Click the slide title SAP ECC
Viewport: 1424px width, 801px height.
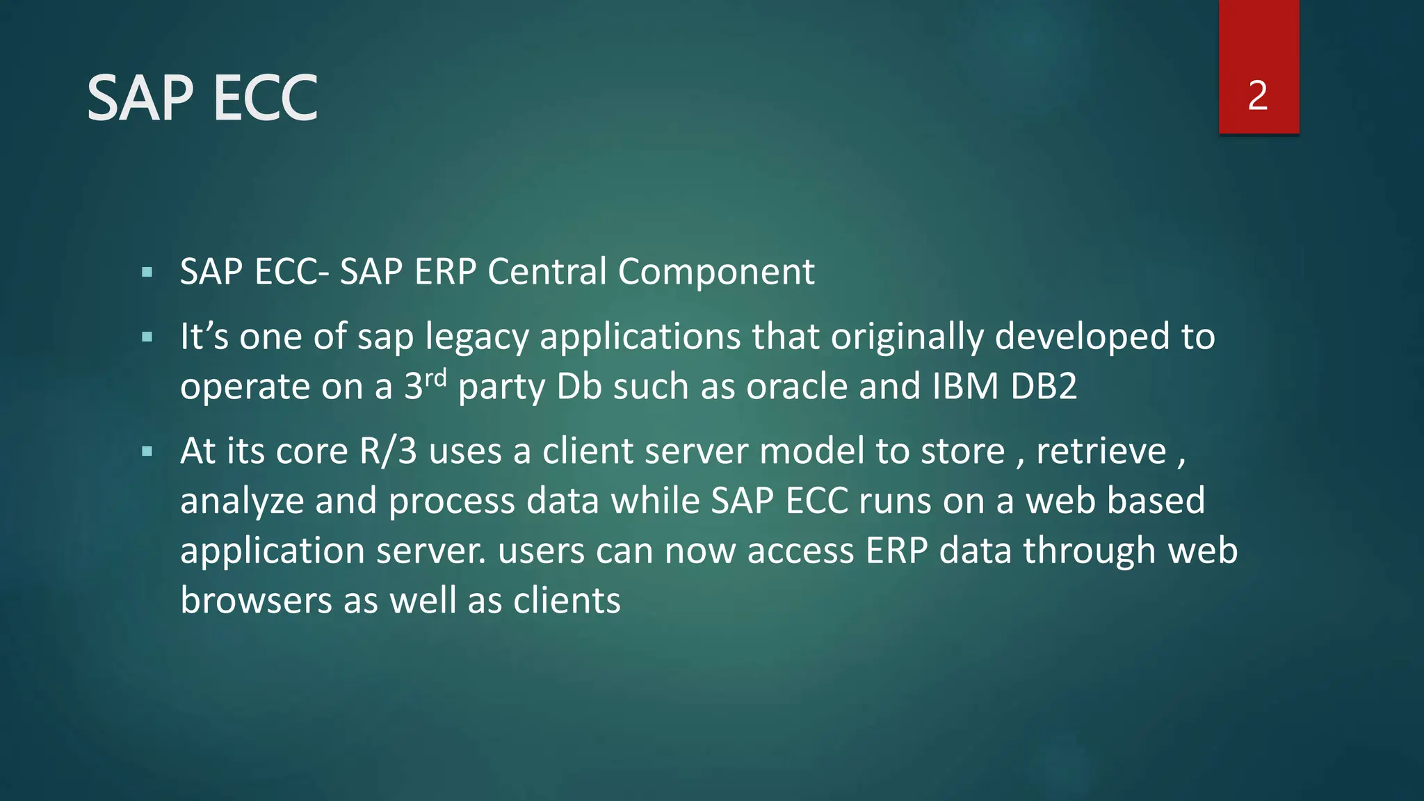202,99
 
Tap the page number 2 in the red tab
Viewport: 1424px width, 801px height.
1258,96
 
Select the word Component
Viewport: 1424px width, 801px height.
716,273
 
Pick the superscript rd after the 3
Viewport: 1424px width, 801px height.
436,378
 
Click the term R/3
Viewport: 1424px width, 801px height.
388,451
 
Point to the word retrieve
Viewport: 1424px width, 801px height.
1101,451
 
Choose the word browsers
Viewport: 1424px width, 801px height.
256,600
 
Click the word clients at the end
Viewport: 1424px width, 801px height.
567,600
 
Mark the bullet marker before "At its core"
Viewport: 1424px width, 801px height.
147,452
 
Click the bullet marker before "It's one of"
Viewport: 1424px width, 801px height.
147,338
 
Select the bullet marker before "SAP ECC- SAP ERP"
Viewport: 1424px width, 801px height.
147,273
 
